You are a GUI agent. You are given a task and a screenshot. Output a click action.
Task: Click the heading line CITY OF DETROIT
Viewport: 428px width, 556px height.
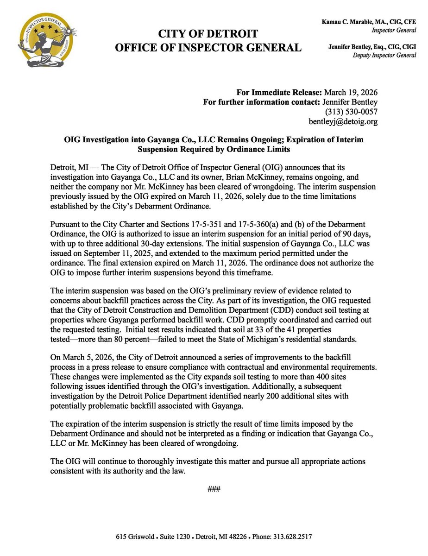coord(208,34)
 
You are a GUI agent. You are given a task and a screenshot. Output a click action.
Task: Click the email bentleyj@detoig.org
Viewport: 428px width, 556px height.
coord(343,122)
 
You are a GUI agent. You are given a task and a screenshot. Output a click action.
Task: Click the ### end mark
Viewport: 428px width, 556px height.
coord(214,489)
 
